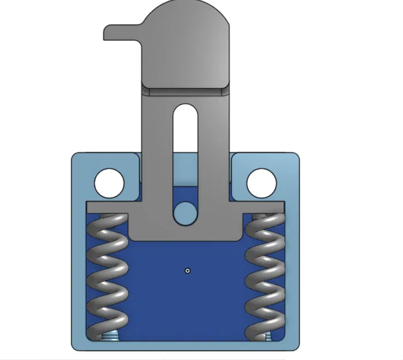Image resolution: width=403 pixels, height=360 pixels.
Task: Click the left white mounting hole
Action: pos(110,183)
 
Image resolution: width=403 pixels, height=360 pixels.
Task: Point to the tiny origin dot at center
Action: pos(188,270)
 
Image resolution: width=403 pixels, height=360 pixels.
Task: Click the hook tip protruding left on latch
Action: pos(110,32)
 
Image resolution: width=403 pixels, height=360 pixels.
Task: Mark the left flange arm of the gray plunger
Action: pos(107,206)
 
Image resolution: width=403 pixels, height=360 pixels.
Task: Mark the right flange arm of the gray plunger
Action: pos(263,206)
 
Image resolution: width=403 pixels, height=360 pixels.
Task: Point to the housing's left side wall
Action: pos(78,271)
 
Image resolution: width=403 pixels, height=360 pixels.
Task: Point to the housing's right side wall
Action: pos(294,271)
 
